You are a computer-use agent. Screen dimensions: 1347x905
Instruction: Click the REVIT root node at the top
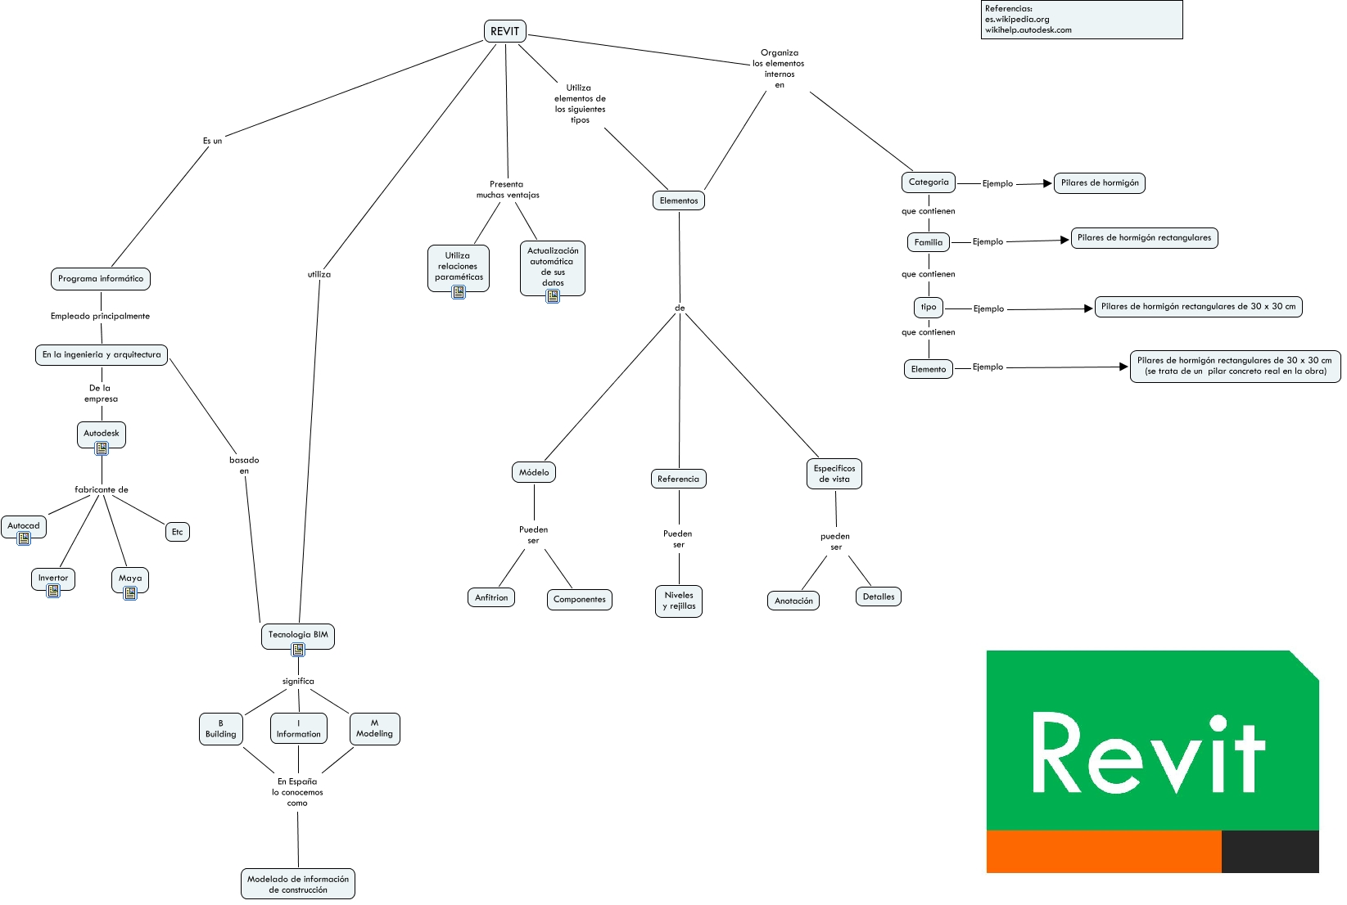point(504,31)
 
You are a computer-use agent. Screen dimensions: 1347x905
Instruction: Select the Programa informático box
point(101,279)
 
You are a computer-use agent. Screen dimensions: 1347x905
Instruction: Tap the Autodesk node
point(101,434)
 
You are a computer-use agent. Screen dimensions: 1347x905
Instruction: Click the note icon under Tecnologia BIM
point(298,650)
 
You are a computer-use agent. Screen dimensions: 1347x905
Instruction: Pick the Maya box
point(130,580)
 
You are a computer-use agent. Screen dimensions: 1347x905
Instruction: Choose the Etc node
point(178,532)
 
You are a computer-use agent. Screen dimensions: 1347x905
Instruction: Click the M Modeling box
point(375,729)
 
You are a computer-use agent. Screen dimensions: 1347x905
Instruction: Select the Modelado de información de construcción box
point(298,884)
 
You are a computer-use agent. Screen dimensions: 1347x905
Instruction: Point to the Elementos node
point(679,200)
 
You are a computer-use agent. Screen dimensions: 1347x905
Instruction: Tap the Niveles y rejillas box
point(679,601)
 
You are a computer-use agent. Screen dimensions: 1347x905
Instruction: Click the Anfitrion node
point(491,597)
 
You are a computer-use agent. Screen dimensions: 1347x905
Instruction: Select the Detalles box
point(879,597)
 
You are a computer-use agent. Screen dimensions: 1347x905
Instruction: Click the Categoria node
point(929,182)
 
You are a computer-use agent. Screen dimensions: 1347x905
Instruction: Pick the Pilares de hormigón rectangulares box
point(1145,238)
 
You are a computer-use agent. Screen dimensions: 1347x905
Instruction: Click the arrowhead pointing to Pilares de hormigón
point(1048,183)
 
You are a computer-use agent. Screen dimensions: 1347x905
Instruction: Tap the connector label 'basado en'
point(244,466)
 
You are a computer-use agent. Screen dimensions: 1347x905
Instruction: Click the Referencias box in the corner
point(1082,20)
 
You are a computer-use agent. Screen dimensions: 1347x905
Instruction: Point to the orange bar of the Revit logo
point(1104,852)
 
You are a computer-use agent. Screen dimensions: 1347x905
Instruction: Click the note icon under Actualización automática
point(553,296)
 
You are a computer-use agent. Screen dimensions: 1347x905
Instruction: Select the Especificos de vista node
point(834,474)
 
